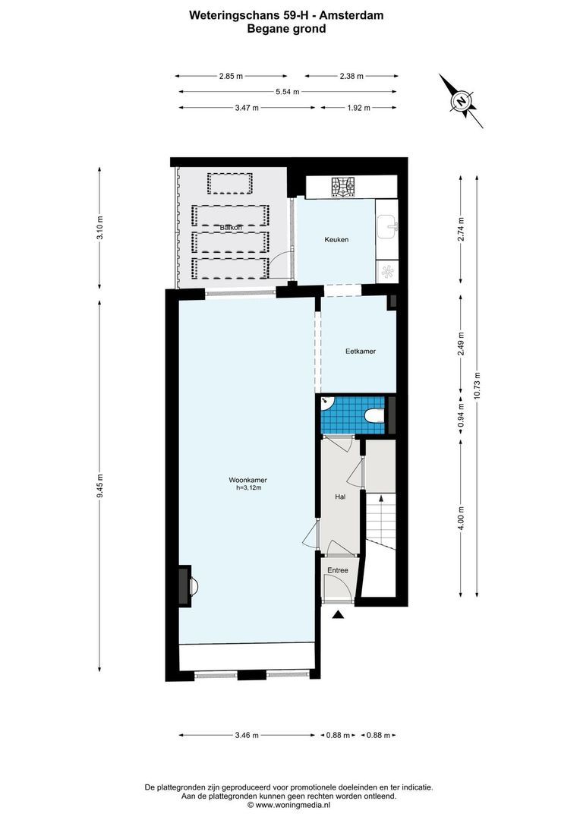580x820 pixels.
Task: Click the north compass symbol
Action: click(460, 101)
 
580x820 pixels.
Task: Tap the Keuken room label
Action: click(336, 240)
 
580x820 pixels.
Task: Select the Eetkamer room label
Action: click(360, 352)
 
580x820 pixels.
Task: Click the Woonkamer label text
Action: click(247, 480)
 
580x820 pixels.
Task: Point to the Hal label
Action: click(341, 497)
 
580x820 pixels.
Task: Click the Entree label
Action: click(338, 569)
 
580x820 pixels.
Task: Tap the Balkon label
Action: click(231, 228)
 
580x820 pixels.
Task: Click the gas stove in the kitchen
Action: click(343, 186)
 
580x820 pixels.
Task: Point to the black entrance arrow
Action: click(339, 616)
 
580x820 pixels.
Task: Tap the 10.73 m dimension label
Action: click(477, 386)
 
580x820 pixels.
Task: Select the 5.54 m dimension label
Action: click(287, 92)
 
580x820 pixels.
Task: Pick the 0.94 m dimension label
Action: click(460, 418)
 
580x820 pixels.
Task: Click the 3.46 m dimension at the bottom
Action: click(247, 735)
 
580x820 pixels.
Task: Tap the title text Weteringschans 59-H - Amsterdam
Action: click(286, 14)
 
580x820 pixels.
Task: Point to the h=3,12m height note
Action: click(248, 488)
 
